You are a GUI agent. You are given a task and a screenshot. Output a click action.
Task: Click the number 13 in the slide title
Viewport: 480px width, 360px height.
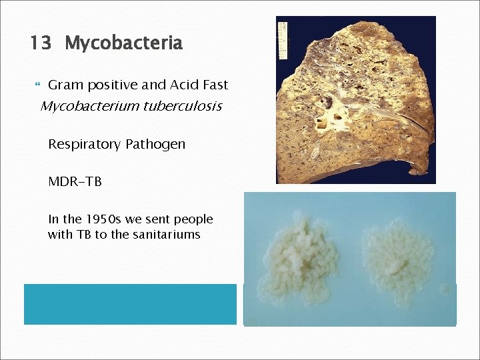[x=40, y=44]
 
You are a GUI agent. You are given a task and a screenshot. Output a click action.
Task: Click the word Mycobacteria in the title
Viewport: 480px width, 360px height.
[x=123, y=44]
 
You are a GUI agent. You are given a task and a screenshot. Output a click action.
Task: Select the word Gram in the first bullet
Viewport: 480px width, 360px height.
[x=64, y=85]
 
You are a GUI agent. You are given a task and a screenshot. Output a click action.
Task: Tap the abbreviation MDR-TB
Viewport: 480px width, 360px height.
[x=75, y=182]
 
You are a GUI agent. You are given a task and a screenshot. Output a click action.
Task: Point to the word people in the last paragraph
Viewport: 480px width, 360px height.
[x=192, y=219]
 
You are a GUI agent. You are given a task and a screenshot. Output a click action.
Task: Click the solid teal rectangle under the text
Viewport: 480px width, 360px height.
[x=130, y=304]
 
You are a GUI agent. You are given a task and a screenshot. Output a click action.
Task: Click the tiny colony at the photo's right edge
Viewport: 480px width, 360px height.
[x=446, y=288]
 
